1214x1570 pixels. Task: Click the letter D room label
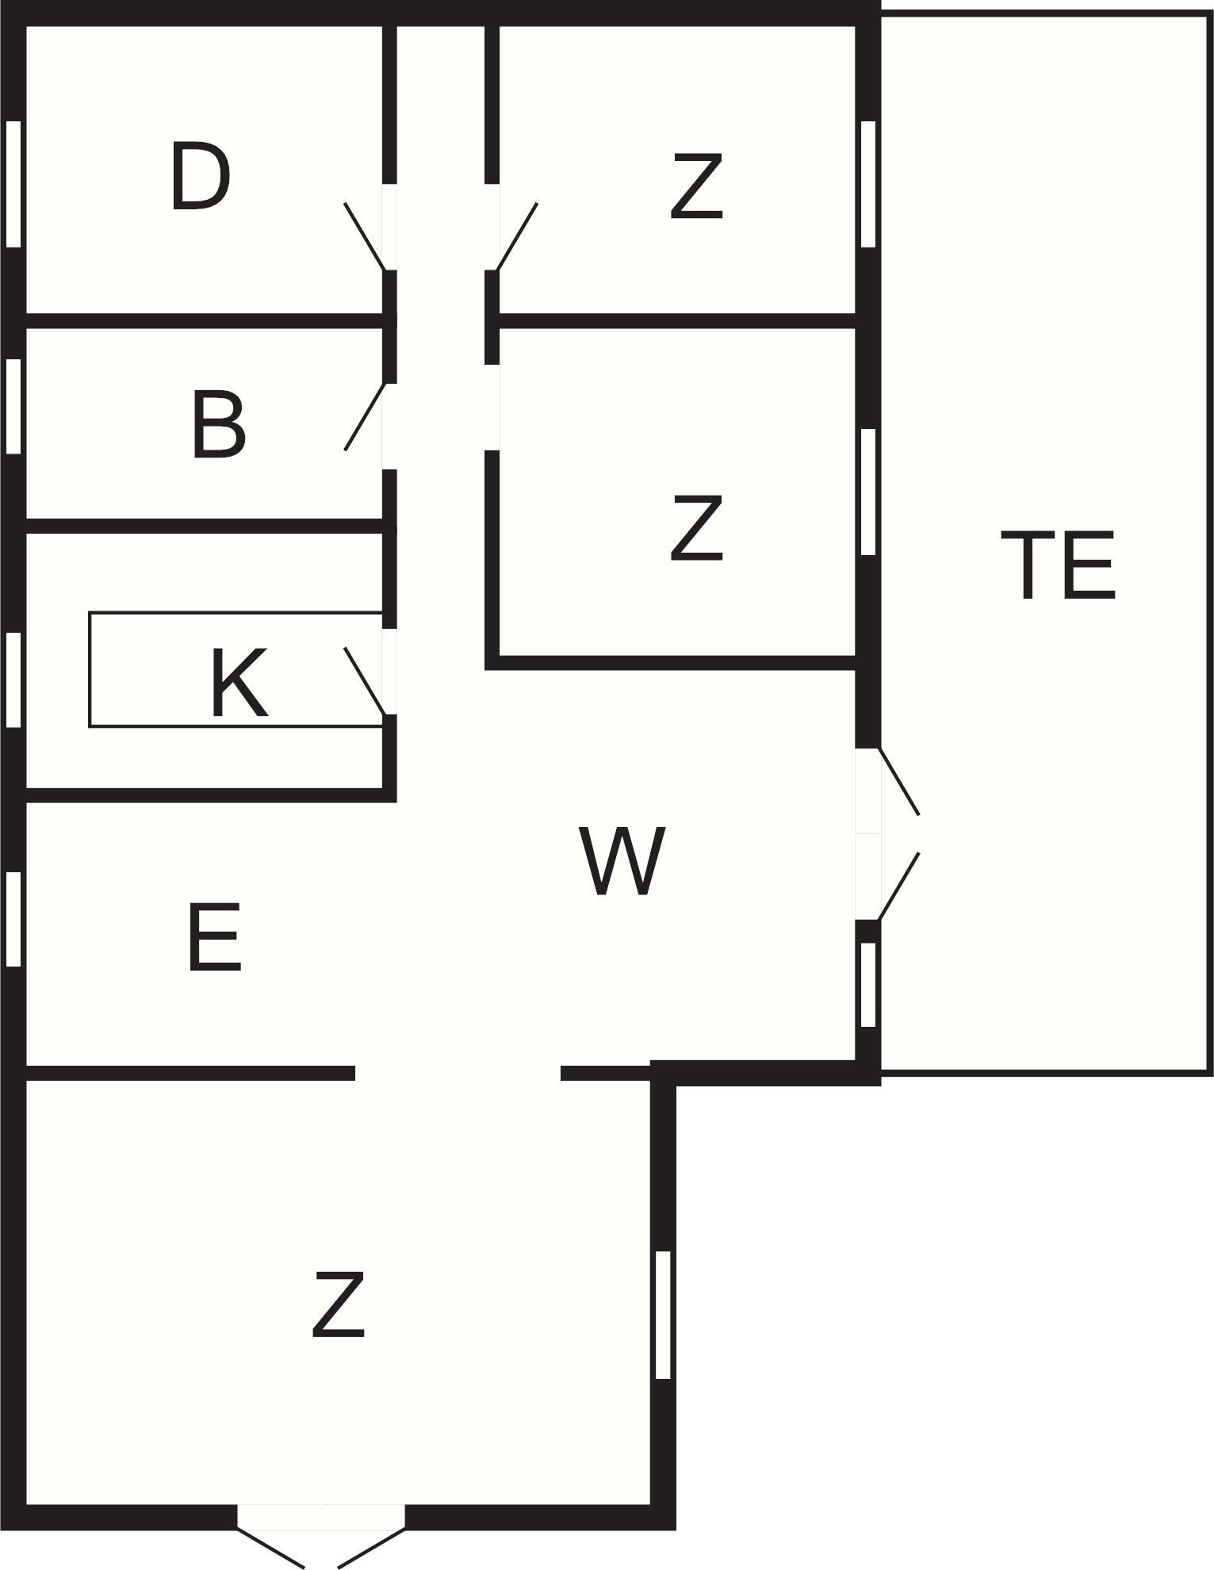(201, 177)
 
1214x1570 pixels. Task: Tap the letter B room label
(219, 427)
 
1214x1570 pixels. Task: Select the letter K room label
(239, 683)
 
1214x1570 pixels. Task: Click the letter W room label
(622, 861)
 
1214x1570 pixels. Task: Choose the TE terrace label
(1058, 565)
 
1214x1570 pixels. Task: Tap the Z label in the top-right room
(697, 187)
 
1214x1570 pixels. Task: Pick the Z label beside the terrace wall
(697, 528)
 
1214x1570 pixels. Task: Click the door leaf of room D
(365, 236)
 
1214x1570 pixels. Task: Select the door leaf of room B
(366, 417)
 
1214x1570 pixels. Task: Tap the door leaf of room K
(366, 681)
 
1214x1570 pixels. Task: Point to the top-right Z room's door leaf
(517, 236)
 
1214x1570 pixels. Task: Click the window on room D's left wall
(13, 184)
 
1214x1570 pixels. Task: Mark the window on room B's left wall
(13, 406)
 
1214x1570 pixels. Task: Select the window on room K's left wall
(13, 679)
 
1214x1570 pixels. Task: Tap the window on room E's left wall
(13, 919)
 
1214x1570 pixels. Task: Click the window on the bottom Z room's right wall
(664, 1315)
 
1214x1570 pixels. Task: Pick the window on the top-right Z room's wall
(868, 184)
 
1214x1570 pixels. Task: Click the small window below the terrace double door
(868, 985)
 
